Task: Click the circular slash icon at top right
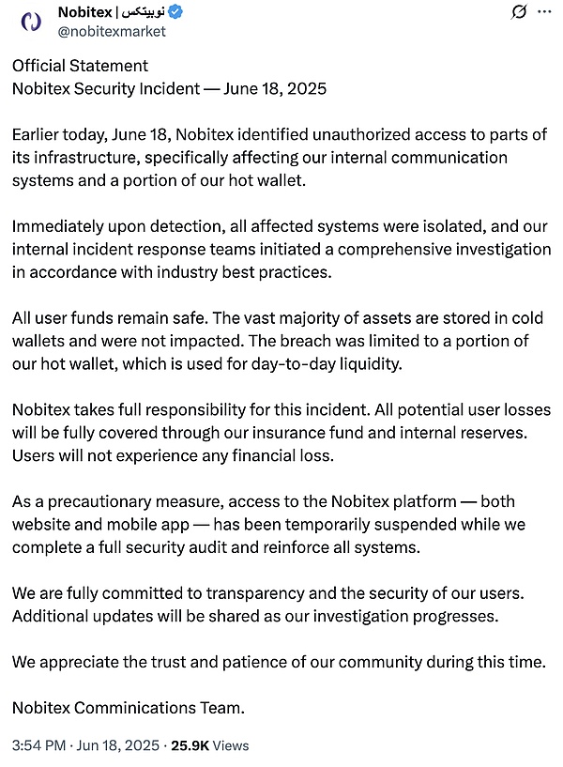pyautogui.click(x=517, y=13)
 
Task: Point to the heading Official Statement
pyautogui.click(x=80, y=66)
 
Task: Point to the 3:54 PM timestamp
pyautogui.click(x=39, y=745)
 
